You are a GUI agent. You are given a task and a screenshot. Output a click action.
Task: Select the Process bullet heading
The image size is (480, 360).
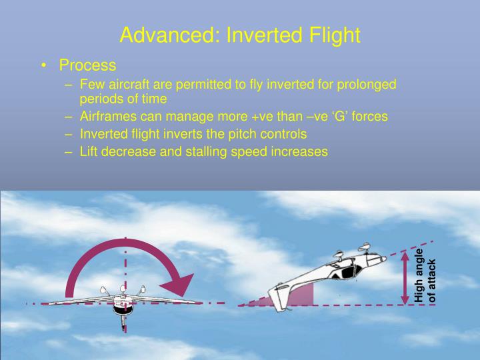coord(87,65)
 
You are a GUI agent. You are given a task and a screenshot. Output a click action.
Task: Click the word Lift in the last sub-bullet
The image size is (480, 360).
coord(89,151)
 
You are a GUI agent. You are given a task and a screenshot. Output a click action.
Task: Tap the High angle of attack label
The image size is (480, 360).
coord(424,275)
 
